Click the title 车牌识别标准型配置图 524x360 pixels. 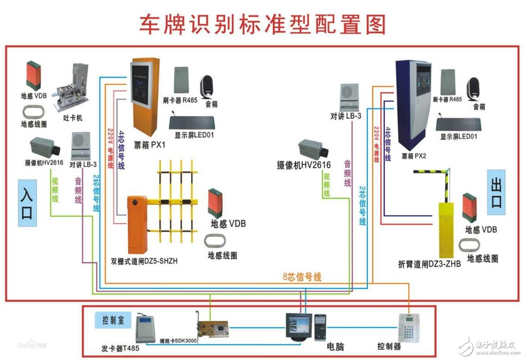pos(262,24)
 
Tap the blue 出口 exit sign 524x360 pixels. pos(496,192)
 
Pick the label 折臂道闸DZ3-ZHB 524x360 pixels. pos(429,264)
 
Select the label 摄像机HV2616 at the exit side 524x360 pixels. pos(303,165)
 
